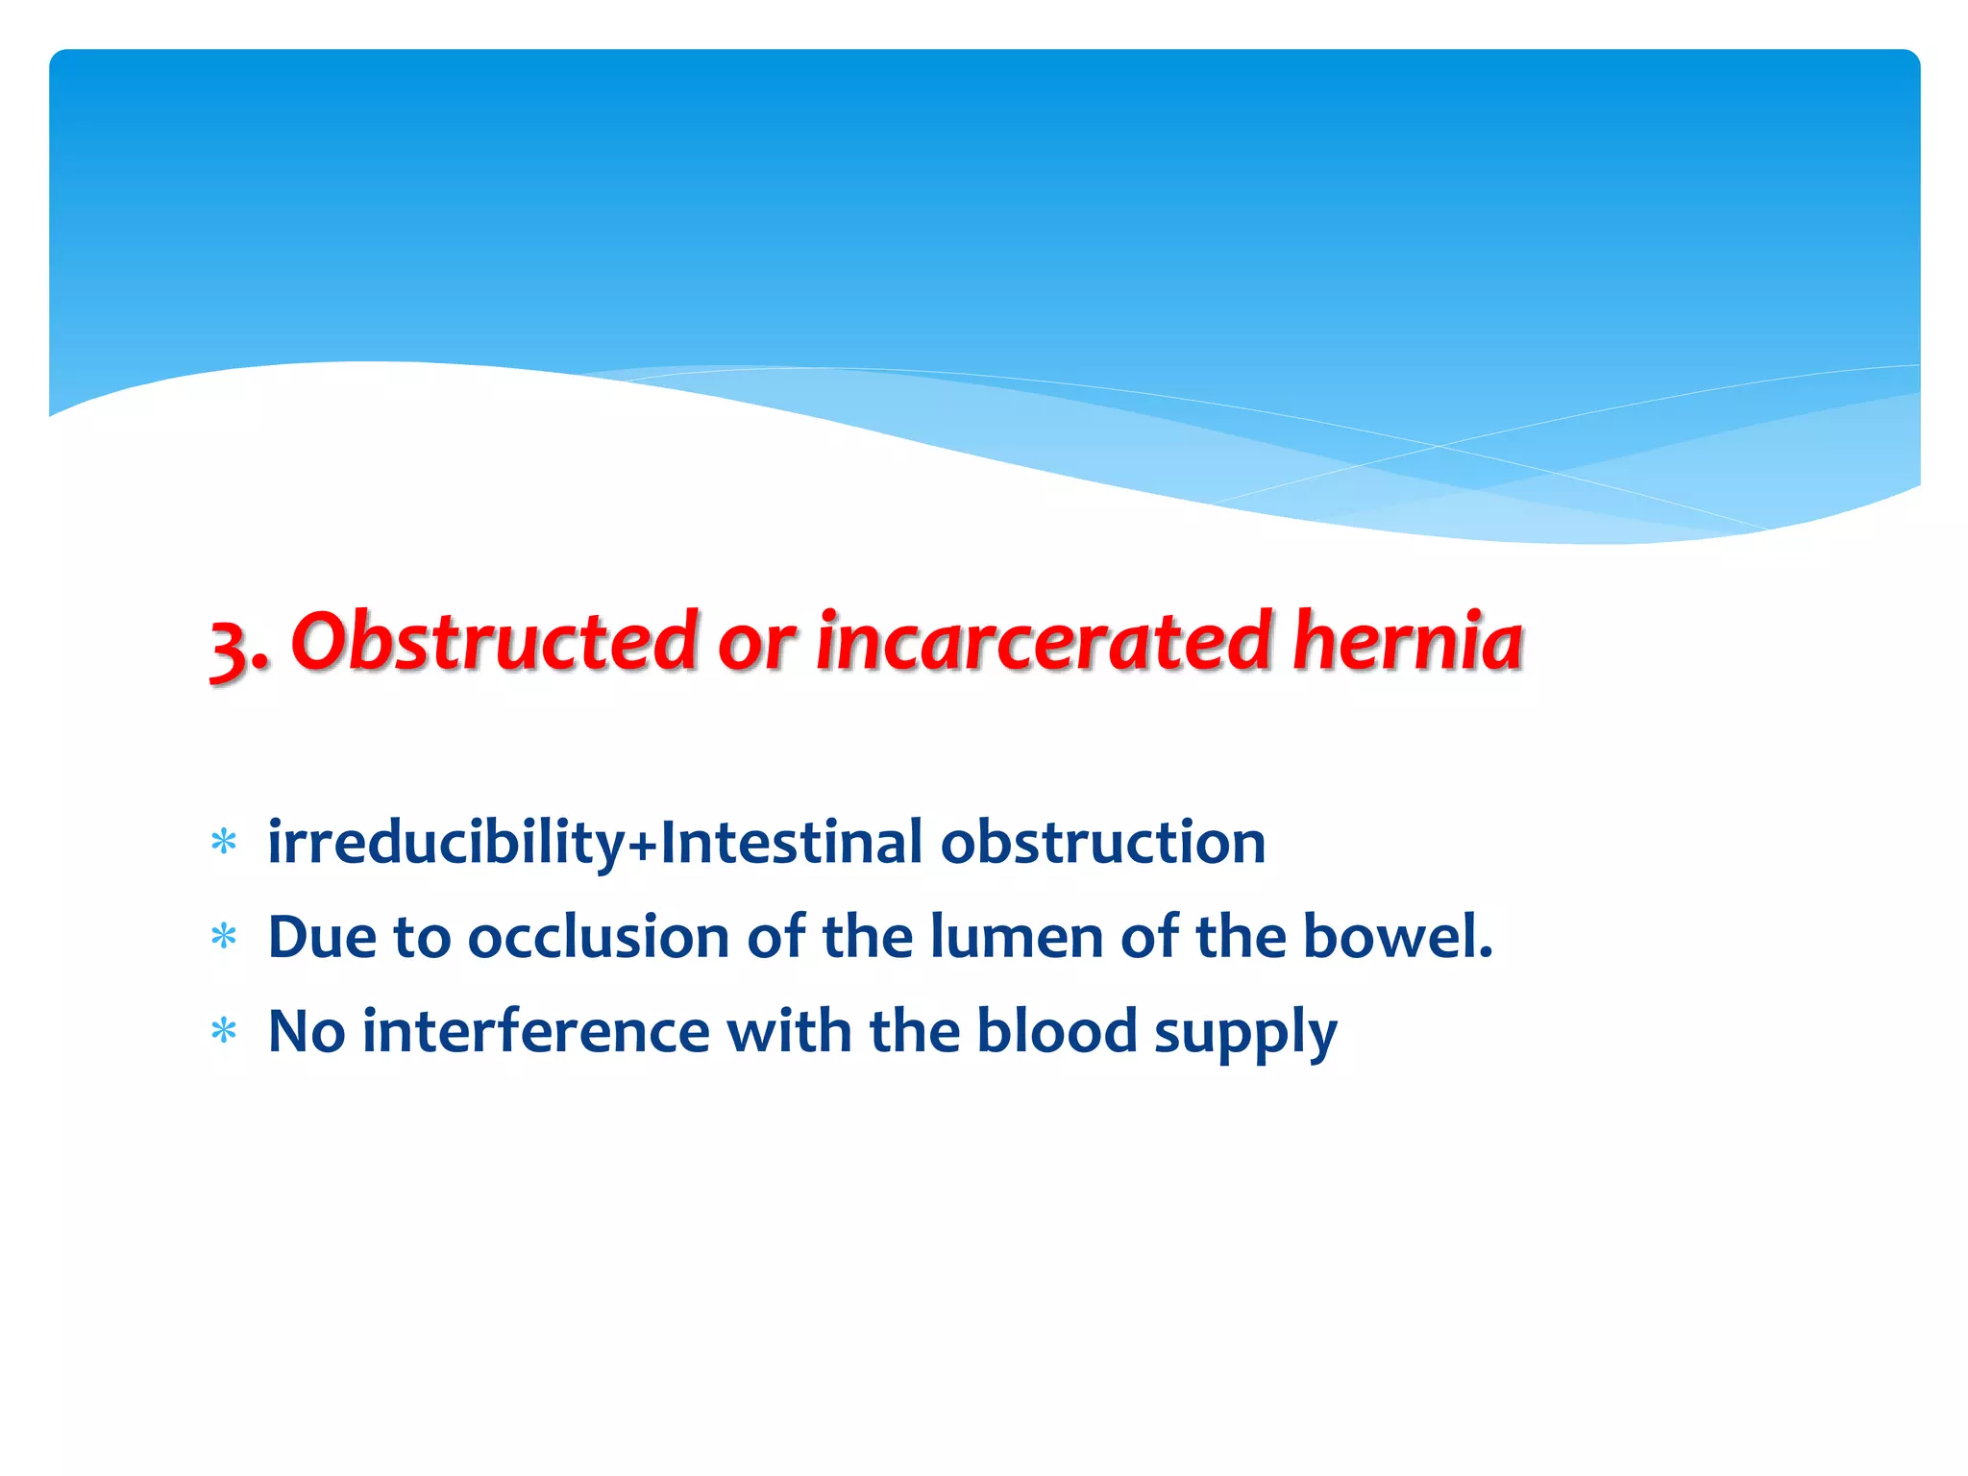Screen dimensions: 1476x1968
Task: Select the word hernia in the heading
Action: coord(1408,642)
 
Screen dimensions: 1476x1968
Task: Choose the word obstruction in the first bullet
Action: coord(1102,843)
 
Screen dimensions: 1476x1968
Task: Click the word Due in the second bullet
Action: coord(322,937)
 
